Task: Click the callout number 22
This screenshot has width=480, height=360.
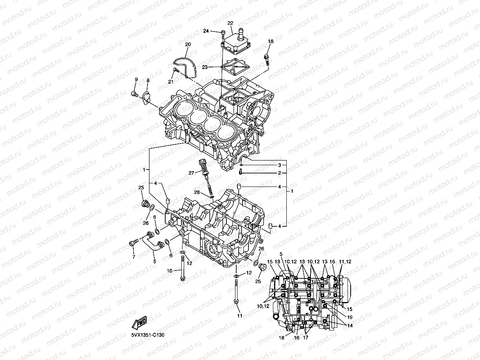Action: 230,23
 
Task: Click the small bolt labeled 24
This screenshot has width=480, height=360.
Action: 224,33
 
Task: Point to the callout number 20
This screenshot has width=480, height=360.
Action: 188,45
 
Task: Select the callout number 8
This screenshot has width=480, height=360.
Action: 148,80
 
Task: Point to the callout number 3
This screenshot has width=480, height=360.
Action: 279,165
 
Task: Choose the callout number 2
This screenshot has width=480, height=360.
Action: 279,173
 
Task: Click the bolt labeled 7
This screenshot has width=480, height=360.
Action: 133,243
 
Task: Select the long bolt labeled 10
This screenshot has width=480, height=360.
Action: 183,268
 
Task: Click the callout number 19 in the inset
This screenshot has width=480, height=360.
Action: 349,317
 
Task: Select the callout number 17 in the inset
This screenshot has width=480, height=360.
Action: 306,338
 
